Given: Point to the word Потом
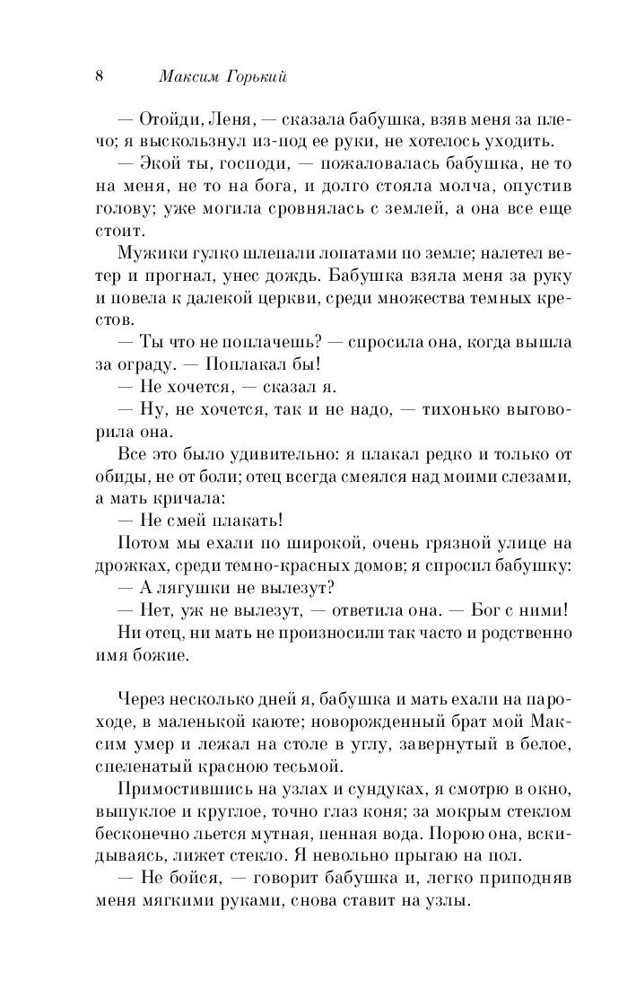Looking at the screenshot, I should click(x=142, y=541).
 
